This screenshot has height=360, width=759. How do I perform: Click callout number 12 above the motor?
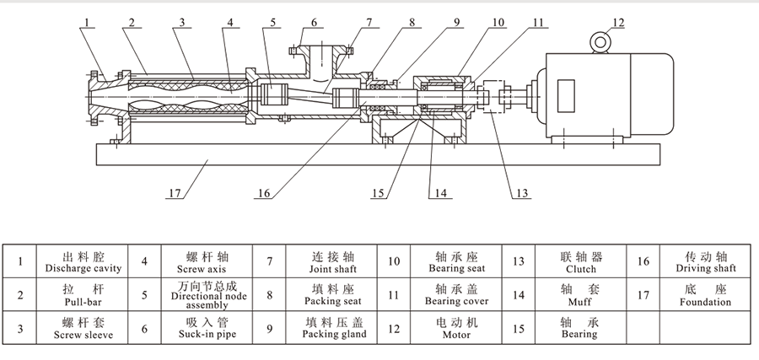tap(619, 22)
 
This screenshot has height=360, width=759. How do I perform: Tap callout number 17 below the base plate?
tap(174, 194)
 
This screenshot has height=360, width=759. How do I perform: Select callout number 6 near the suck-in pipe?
tap(314, 22)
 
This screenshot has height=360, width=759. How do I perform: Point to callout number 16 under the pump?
tap(264, 194)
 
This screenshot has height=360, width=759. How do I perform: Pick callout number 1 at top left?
tap(86, 22)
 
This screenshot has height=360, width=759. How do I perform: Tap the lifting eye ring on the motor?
tap(601, 41)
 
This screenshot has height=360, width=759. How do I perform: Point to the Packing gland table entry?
tap(331, 328)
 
